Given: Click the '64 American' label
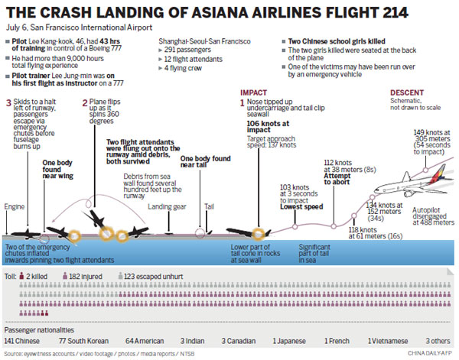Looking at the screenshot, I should click(x=143, y=340).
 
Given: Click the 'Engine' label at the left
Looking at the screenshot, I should click(x=15, y=207).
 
